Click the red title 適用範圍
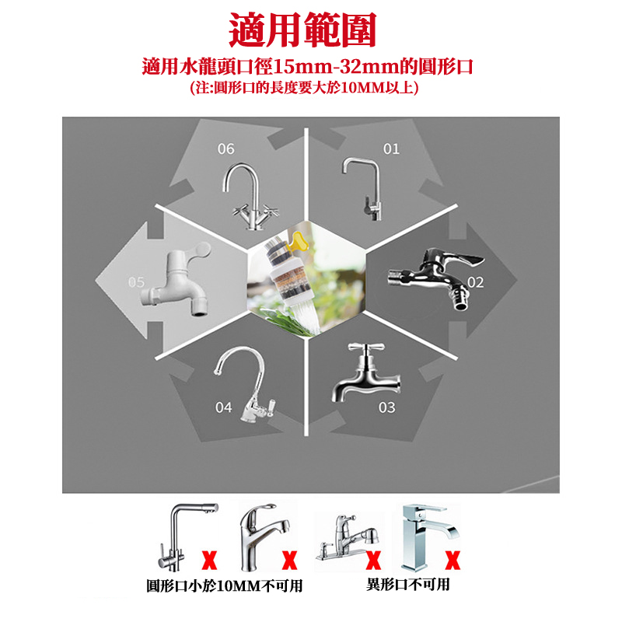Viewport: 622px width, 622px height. click(302, 30)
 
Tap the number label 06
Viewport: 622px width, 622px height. click(225, 149)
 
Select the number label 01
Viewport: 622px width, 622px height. click(391, 149)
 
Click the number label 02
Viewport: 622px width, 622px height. click(475, 282)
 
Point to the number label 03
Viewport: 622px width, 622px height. click(386, 407)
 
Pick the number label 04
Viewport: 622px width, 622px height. click(223, 407)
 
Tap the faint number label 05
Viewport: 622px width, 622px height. click(136, 282)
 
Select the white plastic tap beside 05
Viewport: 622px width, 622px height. click(176, 280)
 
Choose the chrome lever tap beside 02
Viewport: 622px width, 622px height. click(435, 278)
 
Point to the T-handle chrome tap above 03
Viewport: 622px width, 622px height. click(367, 375)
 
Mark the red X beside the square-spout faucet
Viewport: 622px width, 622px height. click(453, 560)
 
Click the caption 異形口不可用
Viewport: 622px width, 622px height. click(408, 585)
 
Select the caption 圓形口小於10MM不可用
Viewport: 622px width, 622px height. click(225, 585)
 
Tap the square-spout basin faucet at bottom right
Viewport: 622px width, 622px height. click(428, 537)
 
